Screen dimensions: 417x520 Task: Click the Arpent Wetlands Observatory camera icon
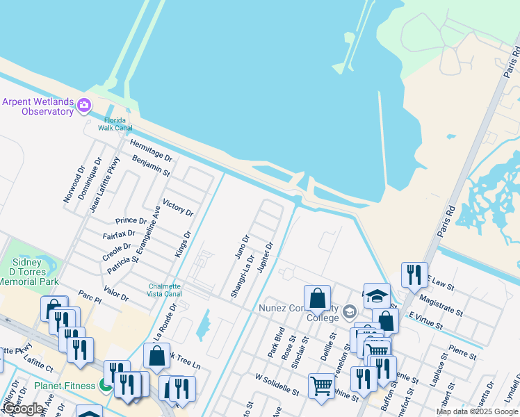[84, 106]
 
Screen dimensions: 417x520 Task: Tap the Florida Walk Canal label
[113, 124]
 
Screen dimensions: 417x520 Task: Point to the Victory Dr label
[177, 207]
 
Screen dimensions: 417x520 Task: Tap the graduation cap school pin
[376, 296]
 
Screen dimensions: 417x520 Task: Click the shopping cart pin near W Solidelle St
[320, 384]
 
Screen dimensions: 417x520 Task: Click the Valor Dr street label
[116, 293]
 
